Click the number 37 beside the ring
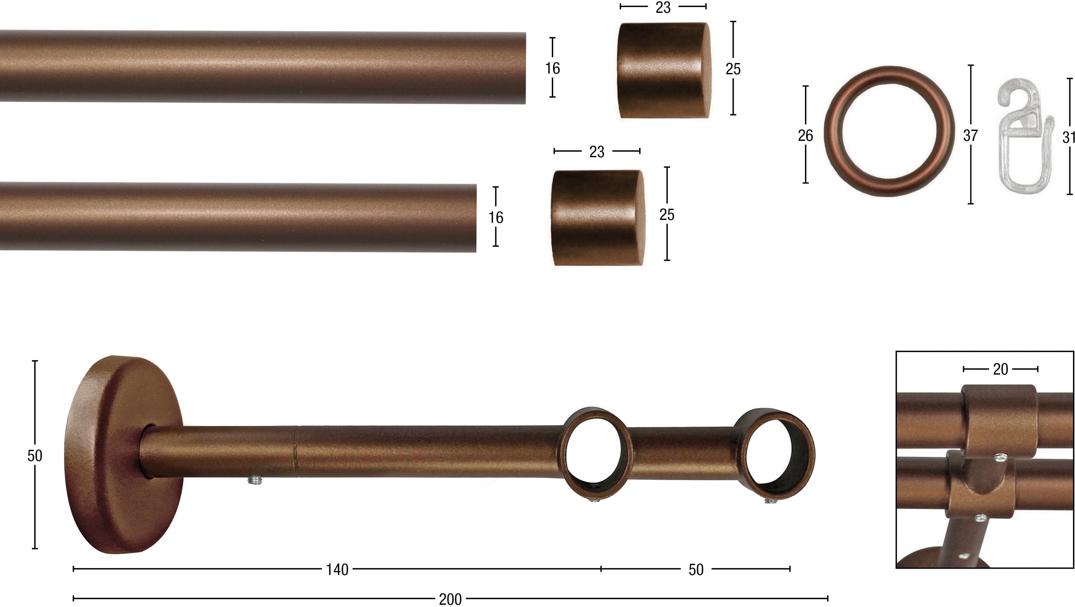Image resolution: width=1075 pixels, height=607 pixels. coord(970,135)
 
